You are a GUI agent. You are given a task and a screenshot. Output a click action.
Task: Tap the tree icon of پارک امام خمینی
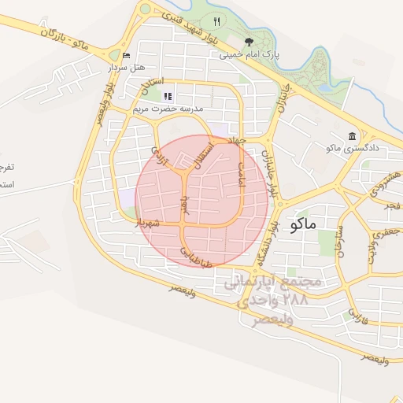[249, 43]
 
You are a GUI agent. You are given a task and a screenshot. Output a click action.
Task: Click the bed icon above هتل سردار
[127, 56]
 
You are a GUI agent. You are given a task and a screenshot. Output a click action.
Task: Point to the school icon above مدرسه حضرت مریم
[167, 95]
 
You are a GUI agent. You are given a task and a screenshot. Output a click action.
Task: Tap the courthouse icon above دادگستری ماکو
[352, 135]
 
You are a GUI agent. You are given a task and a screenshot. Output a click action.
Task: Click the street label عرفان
[185, 206]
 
